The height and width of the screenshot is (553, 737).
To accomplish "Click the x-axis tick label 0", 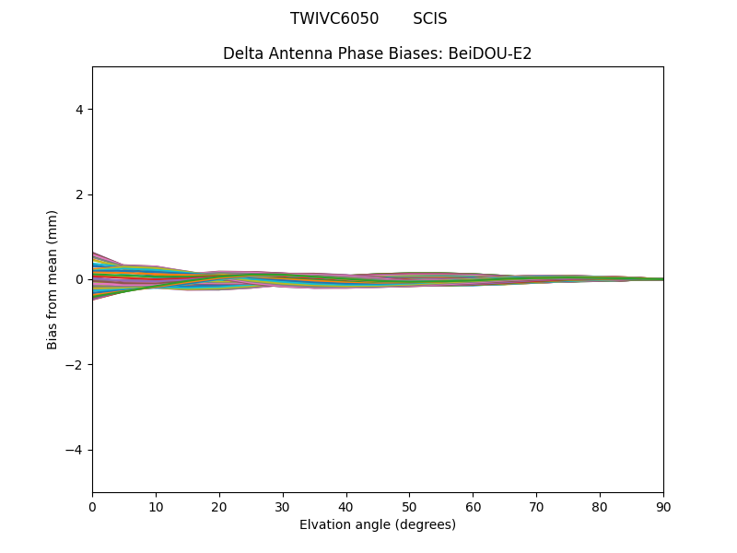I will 92,506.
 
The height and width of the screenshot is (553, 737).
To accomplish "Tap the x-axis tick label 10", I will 156,506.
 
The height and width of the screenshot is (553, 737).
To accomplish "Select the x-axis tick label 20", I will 219,506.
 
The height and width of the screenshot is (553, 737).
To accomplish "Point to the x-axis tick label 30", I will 283,506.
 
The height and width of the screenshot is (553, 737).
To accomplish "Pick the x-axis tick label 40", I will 346,506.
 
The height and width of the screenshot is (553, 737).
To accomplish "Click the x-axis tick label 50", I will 409,506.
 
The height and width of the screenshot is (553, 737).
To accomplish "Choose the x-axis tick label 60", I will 473,506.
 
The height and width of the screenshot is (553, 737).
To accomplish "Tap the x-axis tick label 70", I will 536,506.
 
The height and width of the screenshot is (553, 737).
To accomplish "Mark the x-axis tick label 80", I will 600,506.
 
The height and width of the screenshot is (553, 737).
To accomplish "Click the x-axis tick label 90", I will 663,506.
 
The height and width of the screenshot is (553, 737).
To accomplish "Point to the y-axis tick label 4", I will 79,110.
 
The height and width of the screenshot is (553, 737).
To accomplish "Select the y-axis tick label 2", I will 79,194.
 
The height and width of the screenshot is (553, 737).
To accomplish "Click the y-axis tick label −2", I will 76,365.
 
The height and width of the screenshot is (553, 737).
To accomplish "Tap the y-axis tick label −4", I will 76,450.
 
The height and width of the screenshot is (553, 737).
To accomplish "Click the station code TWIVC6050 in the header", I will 334,18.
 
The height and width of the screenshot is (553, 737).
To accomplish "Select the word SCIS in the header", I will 430,18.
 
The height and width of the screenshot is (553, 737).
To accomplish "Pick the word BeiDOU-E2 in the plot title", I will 490,53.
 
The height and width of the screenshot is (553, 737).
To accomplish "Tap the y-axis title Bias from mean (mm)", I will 53,279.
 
